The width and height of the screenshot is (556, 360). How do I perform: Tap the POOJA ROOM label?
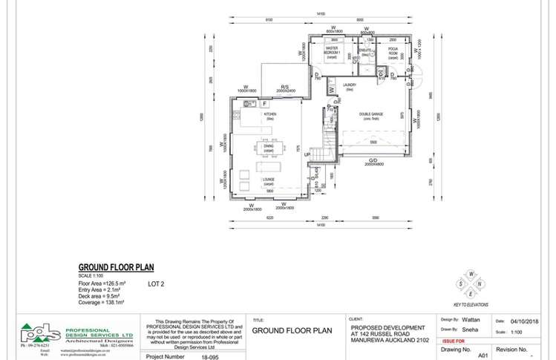[393, 52]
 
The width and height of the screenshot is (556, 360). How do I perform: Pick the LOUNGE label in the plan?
[268, 181]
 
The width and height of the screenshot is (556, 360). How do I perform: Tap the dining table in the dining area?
[268, 148]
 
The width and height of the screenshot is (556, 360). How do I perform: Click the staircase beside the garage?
[323, 145]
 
